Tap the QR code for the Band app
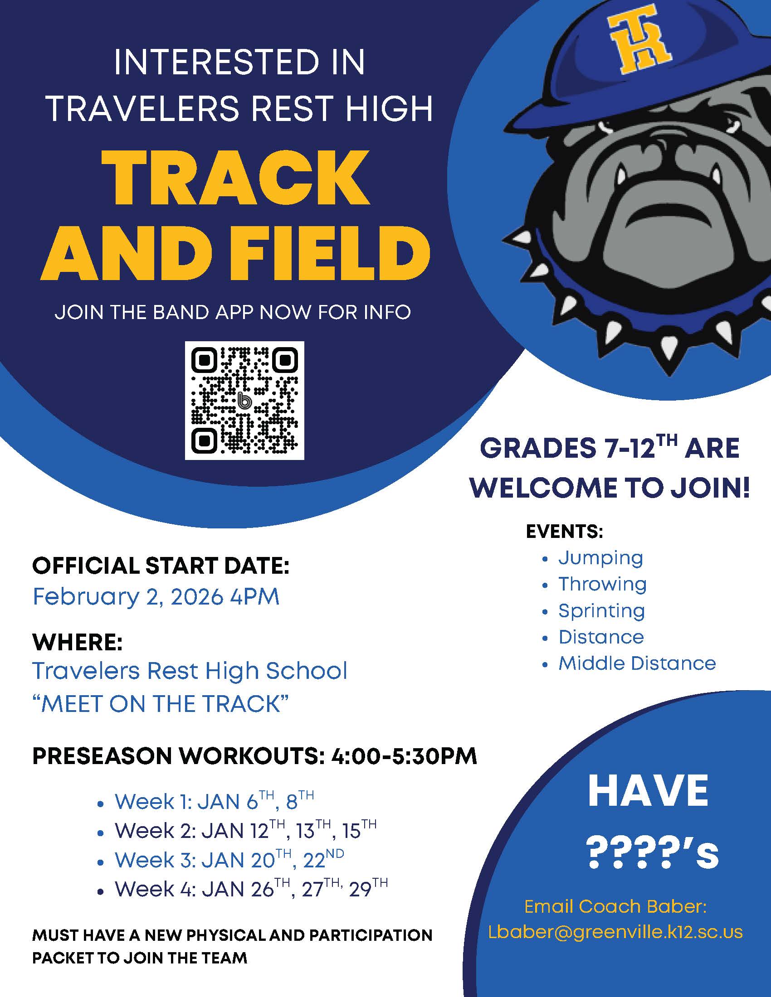244,400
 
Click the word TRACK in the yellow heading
236,179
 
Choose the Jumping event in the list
600,558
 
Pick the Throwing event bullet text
602,584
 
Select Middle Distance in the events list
637,663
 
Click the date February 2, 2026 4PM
156,597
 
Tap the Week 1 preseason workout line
214,802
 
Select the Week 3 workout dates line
229,860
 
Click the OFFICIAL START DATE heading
161,566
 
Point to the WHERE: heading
77,642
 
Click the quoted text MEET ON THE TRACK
161,703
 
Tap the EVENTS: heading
565,532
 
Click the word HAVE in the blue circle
648,791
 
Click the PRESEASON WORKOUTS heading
254,756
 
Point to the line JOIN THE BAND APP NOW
233,312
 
